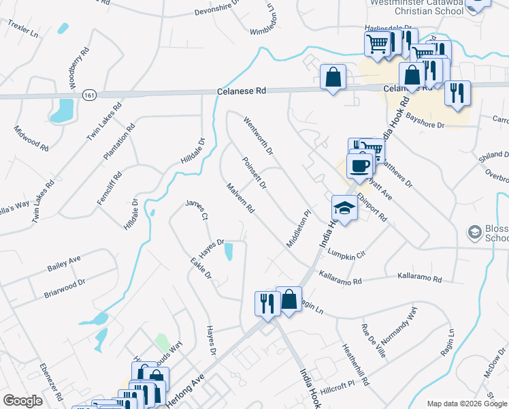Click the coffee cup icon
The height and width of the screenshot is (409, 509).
click(359, 165)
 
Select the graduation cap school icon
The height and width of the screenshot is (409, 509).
click(344, 209)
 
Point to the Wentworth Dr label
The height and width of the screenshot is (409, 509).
click(258, 134)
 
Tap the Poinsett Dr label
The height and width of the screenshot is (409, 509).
click(254, 173)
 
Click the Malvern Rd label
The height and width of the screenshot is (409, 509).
click(240, 198)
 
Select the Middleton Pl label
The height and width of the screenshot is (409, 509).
click(298, 228)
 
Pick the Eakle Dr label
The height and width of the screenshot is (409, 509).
click(201, 268)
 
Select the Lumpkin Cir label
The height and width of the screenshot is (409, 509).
click(346, 254)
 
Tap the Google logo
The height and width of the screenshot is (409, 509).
click(23, 401)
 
